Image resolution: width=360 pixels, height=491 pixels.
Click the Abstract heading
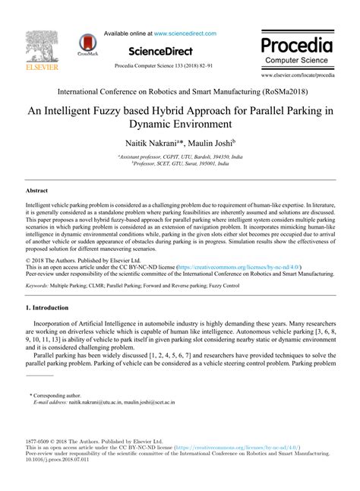click(37, 173)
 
